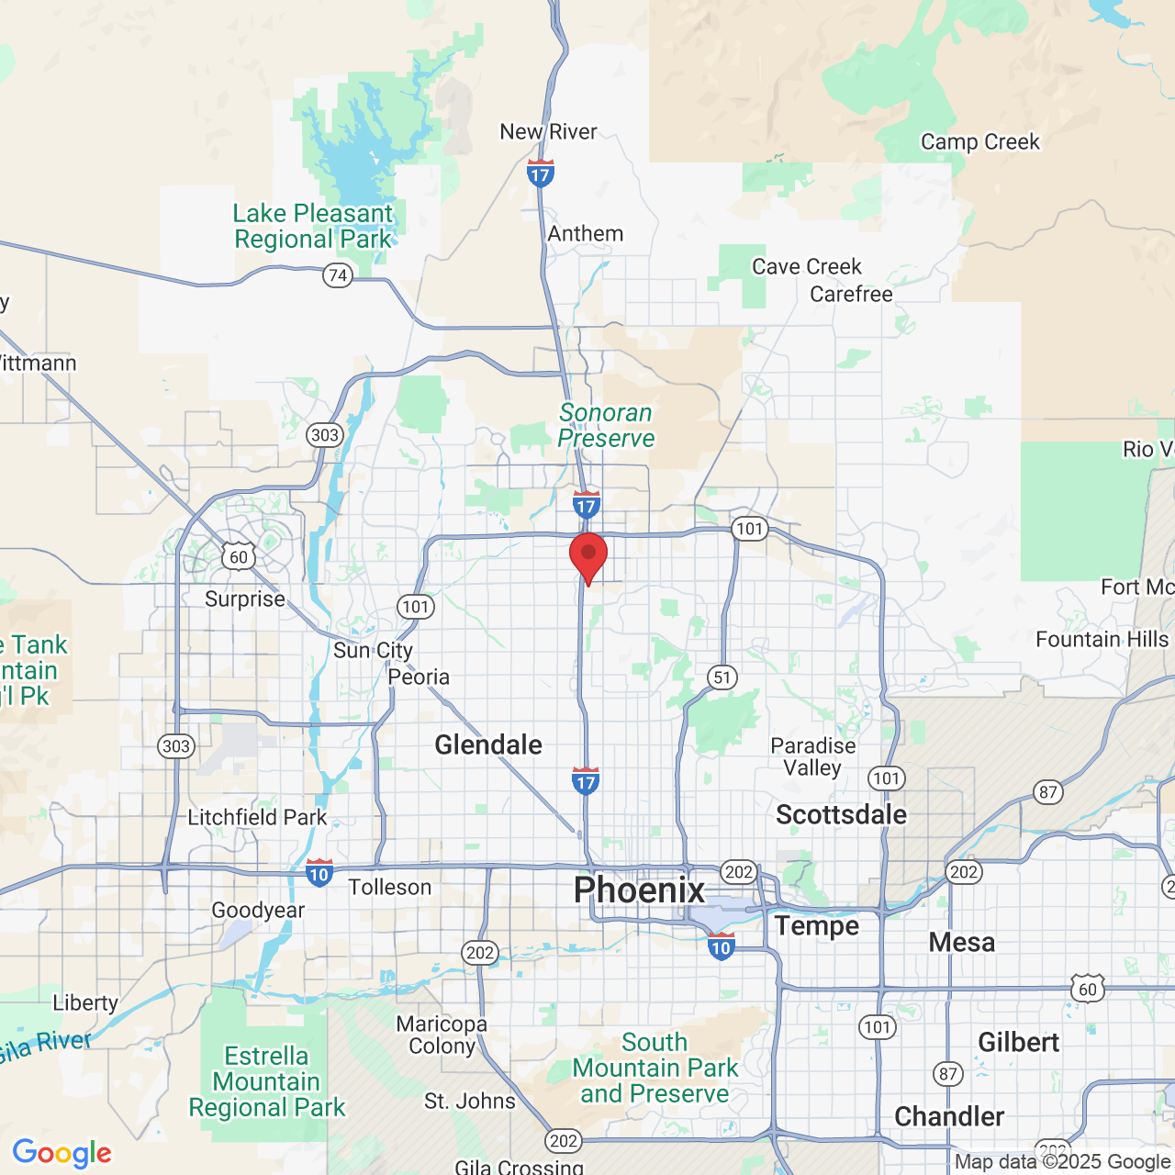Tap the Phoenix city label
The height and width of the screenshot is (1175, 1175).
point(639,890)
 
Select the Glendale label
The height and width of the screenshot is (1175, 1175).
point(488,744)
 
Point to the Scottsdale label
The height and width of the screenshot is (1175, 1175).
point(841,814)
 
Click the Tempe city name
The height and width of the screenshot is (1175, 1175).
point(816,925)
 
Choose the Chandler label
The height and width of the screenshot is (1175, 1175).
point(949,1116)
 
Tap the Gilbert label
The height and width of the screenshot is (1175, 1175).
point(1018,1042)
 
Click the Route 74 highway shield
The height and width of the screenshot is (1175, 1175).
point(338,275)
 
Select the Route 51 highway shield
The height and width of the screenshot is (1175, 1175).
point(722,677)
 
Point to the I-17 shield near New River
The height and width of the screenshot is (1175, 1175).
point(541,173)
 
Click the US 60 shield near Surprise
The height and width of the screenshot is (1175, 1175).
point(239,556)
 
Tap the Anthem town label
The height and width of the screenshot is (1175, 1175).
point(586,234)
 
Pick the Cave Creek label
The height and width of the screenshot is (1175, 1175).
point(807,266)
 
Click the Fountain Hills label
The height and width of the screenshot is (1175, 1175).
point(1102,639)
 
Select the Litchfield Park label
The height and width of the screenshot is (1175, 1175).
point(257,817)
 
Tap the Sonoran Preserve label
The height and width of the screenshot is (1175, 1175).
point(606,426)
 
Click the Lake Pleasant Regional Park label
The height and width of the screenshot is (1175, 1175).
point(312,226)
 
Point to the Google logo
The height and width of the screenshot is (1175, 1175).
point(62,1153)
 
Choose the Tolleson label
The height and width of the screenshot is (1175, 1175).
point(390,887)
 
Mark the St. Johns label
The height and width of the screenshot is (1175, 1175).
point(470,1101)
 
